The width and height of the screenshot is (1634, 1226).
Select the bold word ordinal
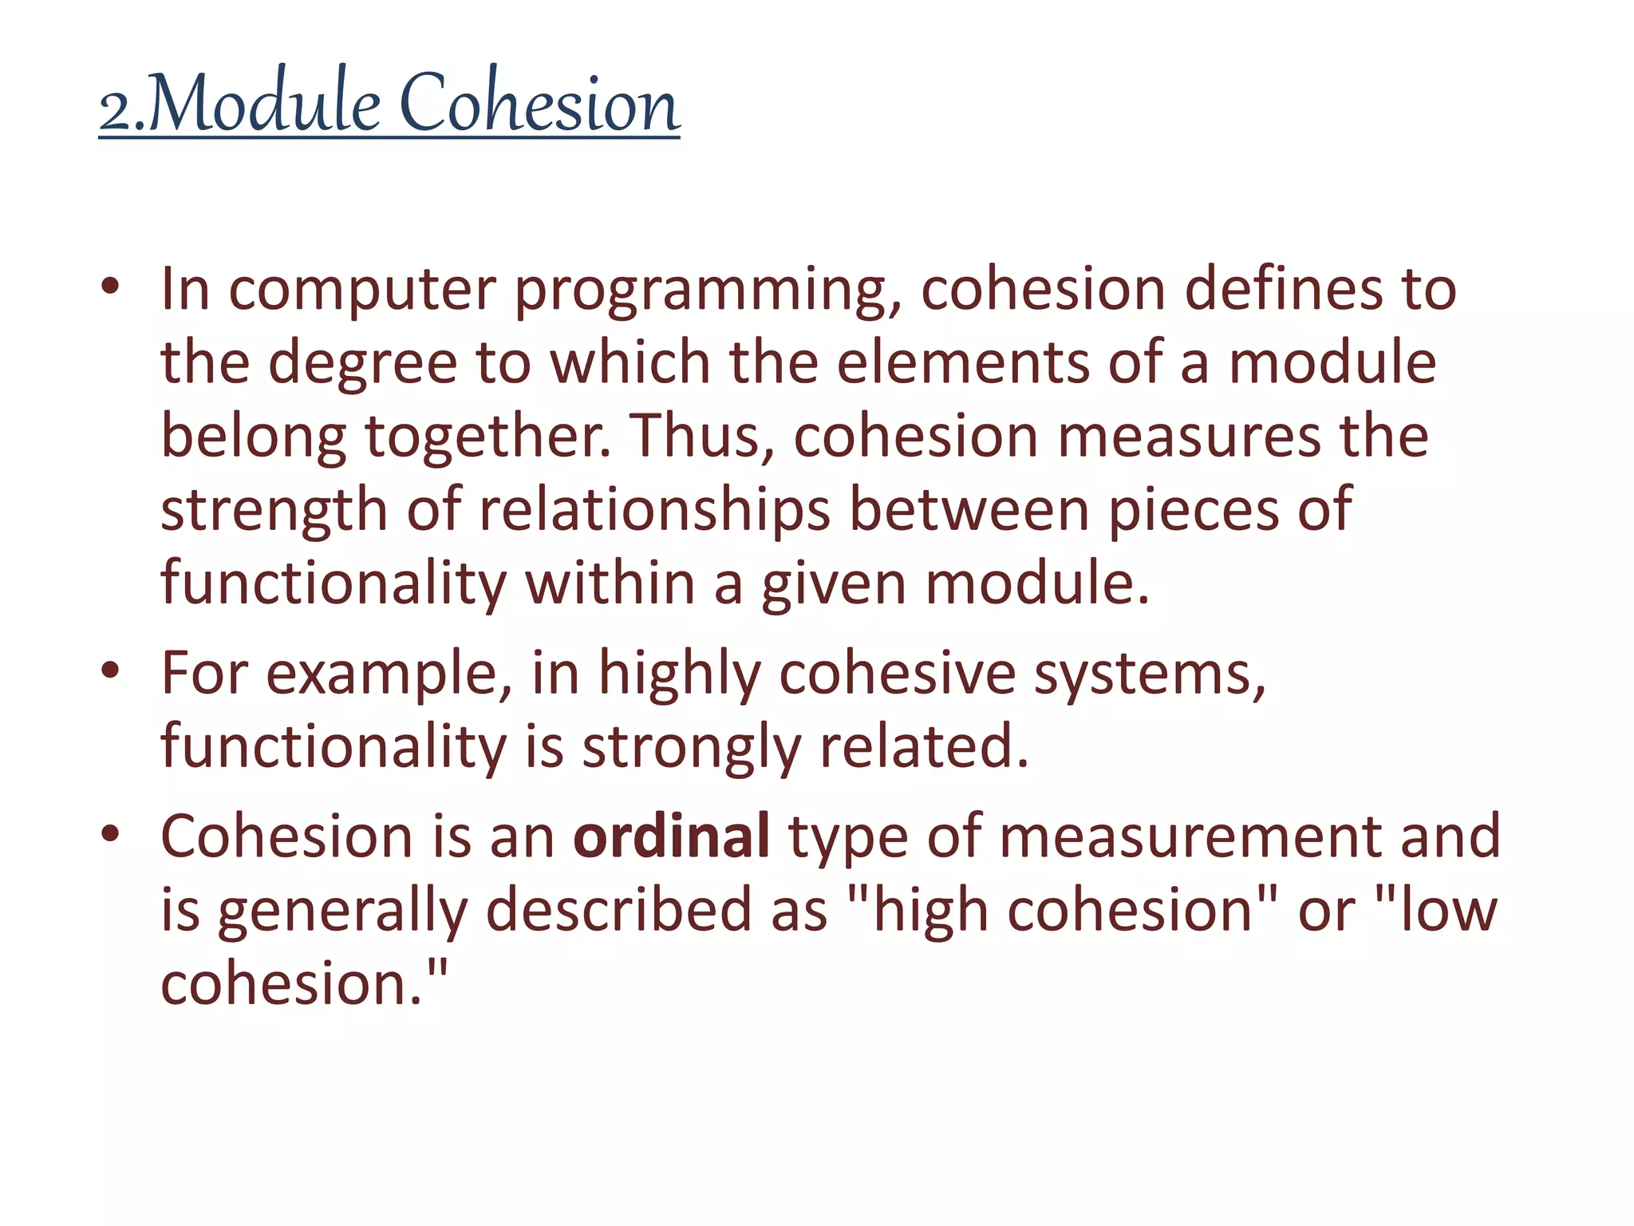click(671, 836)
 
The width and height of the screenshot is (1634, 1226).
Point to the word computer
click(362, 291)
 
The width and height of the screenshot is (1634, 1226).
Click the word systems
click(1149, 675)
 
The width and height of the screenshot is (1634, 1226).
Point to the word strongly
click(691, 749)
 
